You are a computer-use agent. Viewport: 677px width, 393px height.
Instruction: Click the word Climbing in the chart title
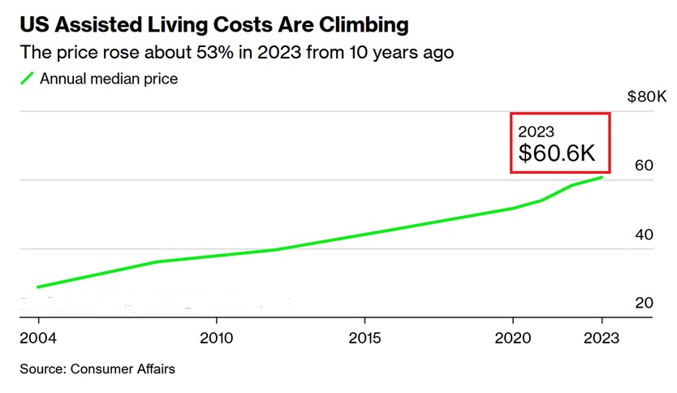point(359,25)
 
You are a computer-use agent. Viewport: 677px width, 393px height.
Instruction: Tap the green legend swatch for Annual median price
point(28,79)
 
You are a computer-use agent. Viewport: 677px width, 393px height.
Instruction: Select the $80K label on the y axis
point(647,97)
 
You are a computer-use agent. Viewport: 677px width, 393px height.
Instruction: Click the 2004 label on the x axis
point(37,337)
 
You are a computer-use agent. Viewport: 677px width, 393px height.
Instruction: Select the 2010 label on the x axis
point(216,337)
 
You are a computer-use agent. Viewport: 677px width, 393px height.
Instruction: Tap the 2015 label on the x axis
point(364,337)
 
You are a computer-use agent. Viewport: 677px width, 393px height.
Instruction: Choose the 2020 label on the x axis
point(512,337)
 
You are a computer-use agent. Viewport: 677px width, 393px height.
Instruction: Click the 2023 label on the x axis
point(602,337)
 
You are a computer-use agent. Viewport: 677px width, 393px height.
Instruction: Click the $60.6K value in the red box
point(558,153)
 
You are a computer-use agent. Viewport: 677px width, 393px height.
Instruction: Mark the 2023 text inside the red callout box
point(536,131)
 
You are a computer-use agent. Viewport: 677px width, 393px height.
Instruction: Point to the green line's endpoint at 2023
point(602,177)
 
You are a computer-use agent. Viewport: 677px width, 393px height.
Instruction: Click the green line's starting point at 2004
point(37,287)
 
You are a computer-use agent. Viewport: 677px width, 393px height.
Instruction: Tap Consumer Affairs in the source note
point(123,369)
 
